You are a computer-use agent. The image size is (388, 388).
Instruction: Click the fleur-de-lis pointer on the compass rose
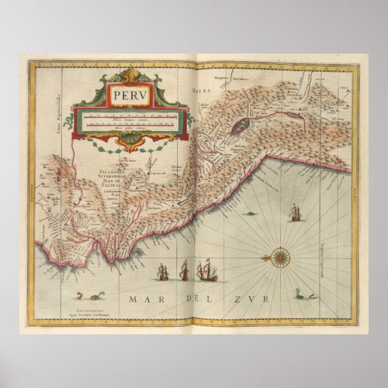(266, 259)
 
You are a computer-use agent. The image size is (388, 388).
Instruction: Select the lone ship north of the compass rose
(295, 213)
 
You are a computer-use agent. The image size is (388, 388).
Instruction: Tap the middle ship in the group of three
(184, 271)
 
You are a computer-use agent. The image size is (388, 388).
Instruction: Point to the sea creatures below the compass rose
(302, 295)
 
